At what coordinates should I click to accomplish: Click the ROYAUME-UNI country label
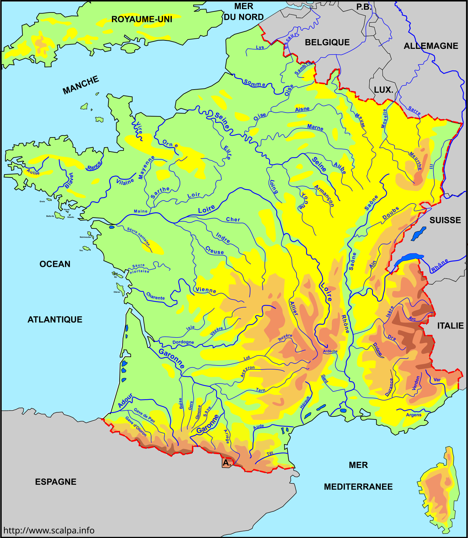pos(142,19)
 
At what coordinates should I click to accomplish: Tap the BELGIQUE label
pos(327,42)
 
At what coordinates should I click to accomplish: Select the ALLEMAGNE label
pos(431,46)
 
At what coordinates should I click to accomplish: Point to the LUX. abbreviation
pos(383,90)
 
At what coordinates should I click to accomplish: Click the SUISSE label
pos(445,220)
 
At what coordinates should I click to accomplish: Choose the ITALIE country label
pos(450,326)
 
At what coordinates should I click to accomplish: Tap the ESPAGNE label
pos(56,482)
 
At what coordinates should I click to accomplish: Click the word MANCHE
pos(81,85)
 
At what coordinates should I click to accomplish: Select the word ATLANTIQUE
pos(55,319)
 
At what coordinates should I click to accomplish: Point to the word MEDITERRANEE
pos(358,487)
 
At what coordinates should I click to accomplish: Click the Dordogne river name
pos(183,342)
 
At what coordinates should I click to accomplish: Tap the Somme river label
pos(255,83)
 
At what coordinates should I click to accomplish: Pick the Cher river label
pos(233,220)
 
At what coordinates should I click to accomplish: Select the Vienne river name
pos(206,290)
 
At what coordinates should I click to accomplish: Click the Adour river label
pos(125,401)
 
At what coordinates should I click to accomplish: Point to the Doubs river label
pos(391,213)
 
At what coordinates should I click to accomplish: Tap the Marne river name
pos(315,127)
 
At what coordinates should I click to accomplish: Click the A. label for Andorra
pos(227,463)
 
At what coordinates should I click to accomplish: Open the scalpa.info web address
pos(49,530)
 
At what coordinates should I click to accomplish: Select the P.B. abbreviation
pos(364,7)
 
